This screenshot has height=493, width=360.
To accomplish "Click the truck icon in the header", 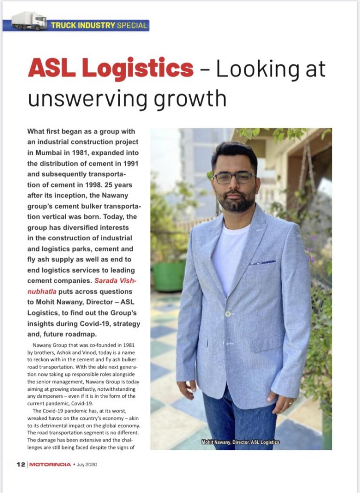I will tap(29, 21).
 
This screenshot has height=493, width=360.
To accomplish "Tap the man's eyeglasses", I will tap(234, 178).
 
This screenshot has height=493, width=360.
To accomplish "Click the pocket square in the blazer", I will tap(262, 263).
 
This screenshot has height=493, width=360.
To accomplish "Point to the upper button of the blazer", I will tap(228, 313).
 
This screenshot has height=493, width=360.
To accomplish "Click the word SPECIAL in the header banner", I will tap(133, 25).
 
